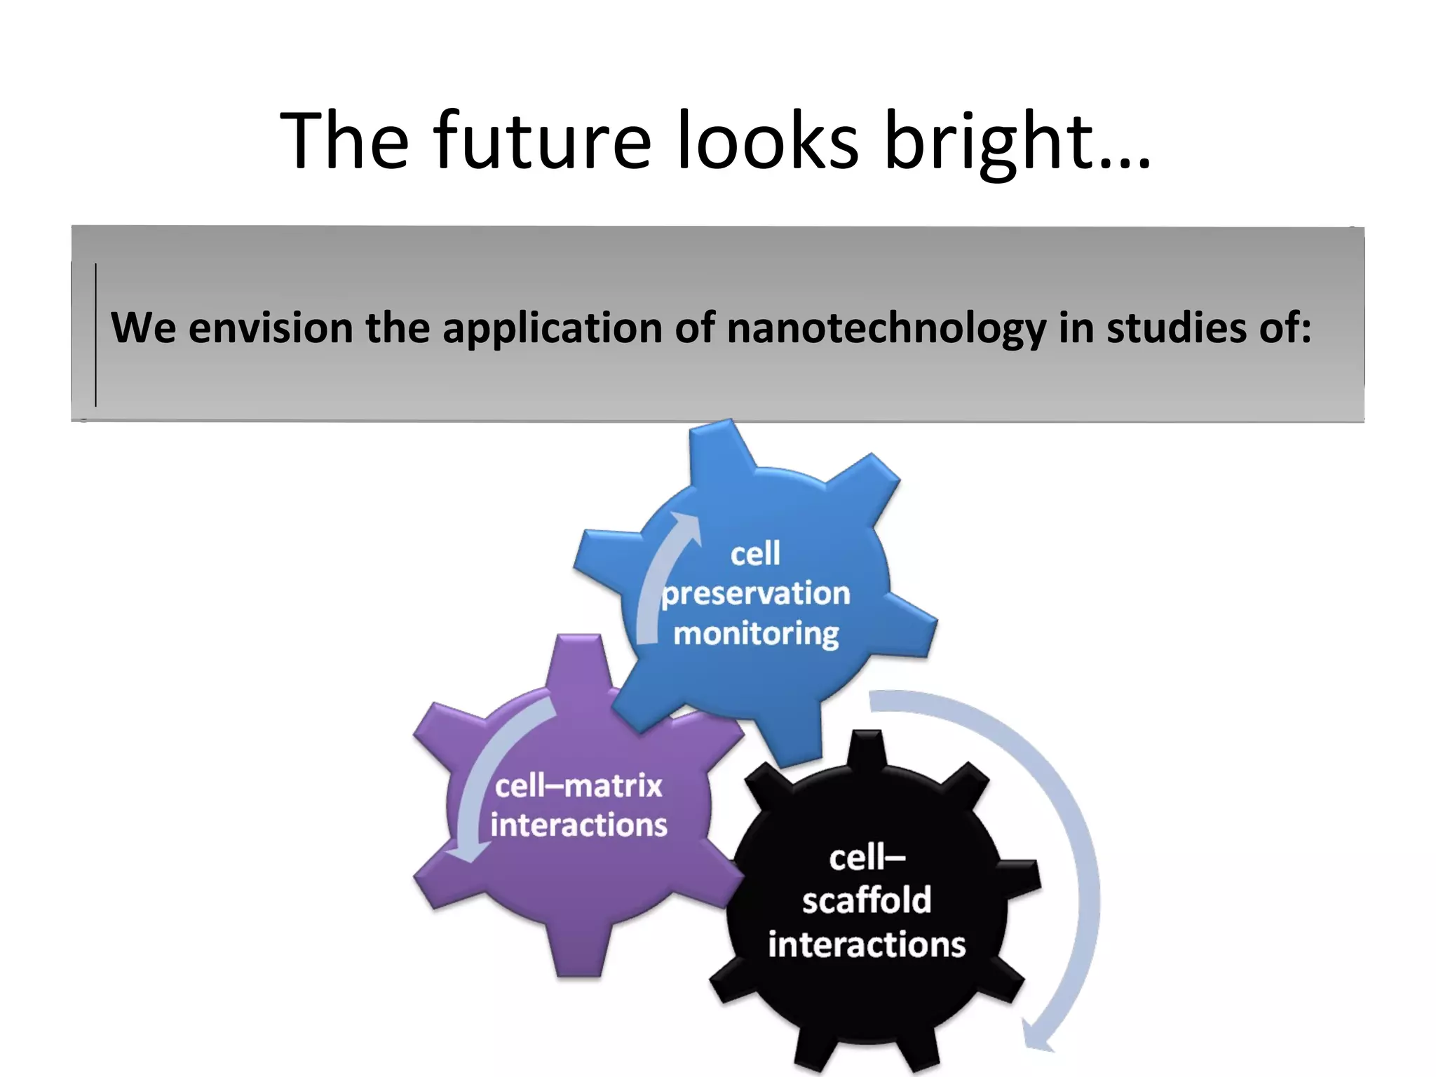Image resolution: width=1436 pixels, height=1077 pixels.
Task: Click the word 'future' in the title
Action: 543,142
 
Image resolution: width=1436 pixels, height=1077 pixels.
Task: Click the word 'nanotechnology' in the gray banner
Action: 886,328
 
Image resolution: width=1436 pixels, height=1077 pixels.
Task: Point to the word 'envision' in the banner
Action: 271,328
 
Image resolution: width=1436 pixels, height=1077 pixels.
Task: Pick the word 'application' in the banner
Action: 553,328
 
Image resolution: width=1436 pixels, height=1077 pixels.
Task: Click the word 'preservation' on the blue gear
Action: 756,593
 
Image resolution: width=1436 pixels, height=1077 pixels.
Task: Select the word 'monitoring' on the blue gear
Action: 756,634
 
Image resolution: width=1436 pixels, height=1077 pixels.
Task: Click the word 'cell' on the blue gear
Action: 755,554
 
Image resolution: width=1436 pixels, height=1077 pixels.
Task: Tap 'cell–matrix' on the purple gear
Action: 578,785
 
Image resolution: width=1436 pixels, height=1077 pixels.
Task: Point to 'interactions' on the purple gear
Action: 578,825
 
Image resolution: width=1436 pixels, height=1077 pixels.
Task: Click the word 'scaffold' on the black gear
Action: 867,900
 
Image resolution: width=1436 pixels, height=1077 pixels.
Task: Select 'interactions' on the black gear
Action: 867,944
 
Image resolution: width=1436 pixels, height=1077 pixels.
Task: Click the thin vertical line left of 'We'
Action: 95,335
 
